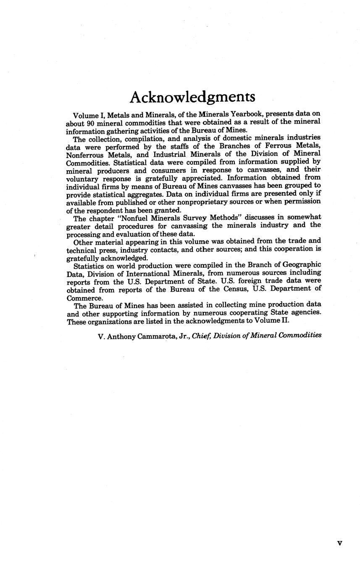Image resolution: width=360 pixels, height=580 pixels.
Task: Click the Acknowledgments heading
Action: [192, 97]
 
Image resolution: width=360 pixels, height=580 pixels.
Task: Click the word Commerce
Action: [83, 297]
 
